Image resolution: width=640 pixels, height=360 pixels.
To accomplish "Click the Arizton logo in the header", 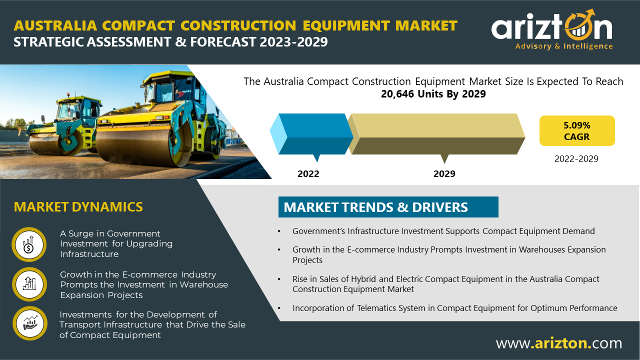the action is (552, 29).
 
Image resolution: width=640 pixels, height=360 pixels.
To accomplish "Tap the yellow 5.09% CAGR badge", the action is (577, 131).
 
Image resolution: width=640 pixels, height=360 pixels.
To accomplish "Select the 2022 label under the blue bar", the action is (308, 173).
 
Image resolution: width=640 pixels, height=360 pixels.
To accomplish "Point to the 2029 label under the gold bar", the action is (444, 173).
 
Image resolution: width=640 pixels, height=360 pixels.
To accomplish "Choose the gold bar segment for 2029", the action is (437, 134).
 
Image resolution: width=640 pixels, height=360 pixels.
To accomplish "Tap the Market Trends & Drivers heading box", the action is (388, 207).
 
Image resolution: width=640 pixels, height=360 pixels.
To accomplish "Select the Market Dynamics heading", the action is (78, 207).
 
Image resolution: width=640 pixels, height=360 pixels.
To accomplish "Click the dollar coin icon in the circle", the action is (29, 244).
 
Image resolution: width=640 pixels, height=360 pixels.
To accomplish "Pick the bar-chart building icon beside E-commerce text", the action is (29, 284).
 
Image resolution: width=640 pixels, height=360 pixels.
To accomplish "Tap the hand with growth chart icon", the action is (30, 323).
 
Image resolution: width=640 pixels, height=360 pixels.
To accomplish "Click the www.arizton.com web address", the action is (559, 343).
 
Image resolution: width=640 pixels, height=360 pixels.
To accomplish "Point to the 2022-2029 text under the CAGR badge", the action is (576, 159).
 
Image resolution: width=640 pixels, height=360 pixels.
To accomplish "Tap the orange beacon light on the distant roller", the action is (68, 95).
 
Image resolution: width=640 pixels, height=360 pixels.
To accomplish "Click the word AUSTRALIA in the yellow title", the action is (55, 25).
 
